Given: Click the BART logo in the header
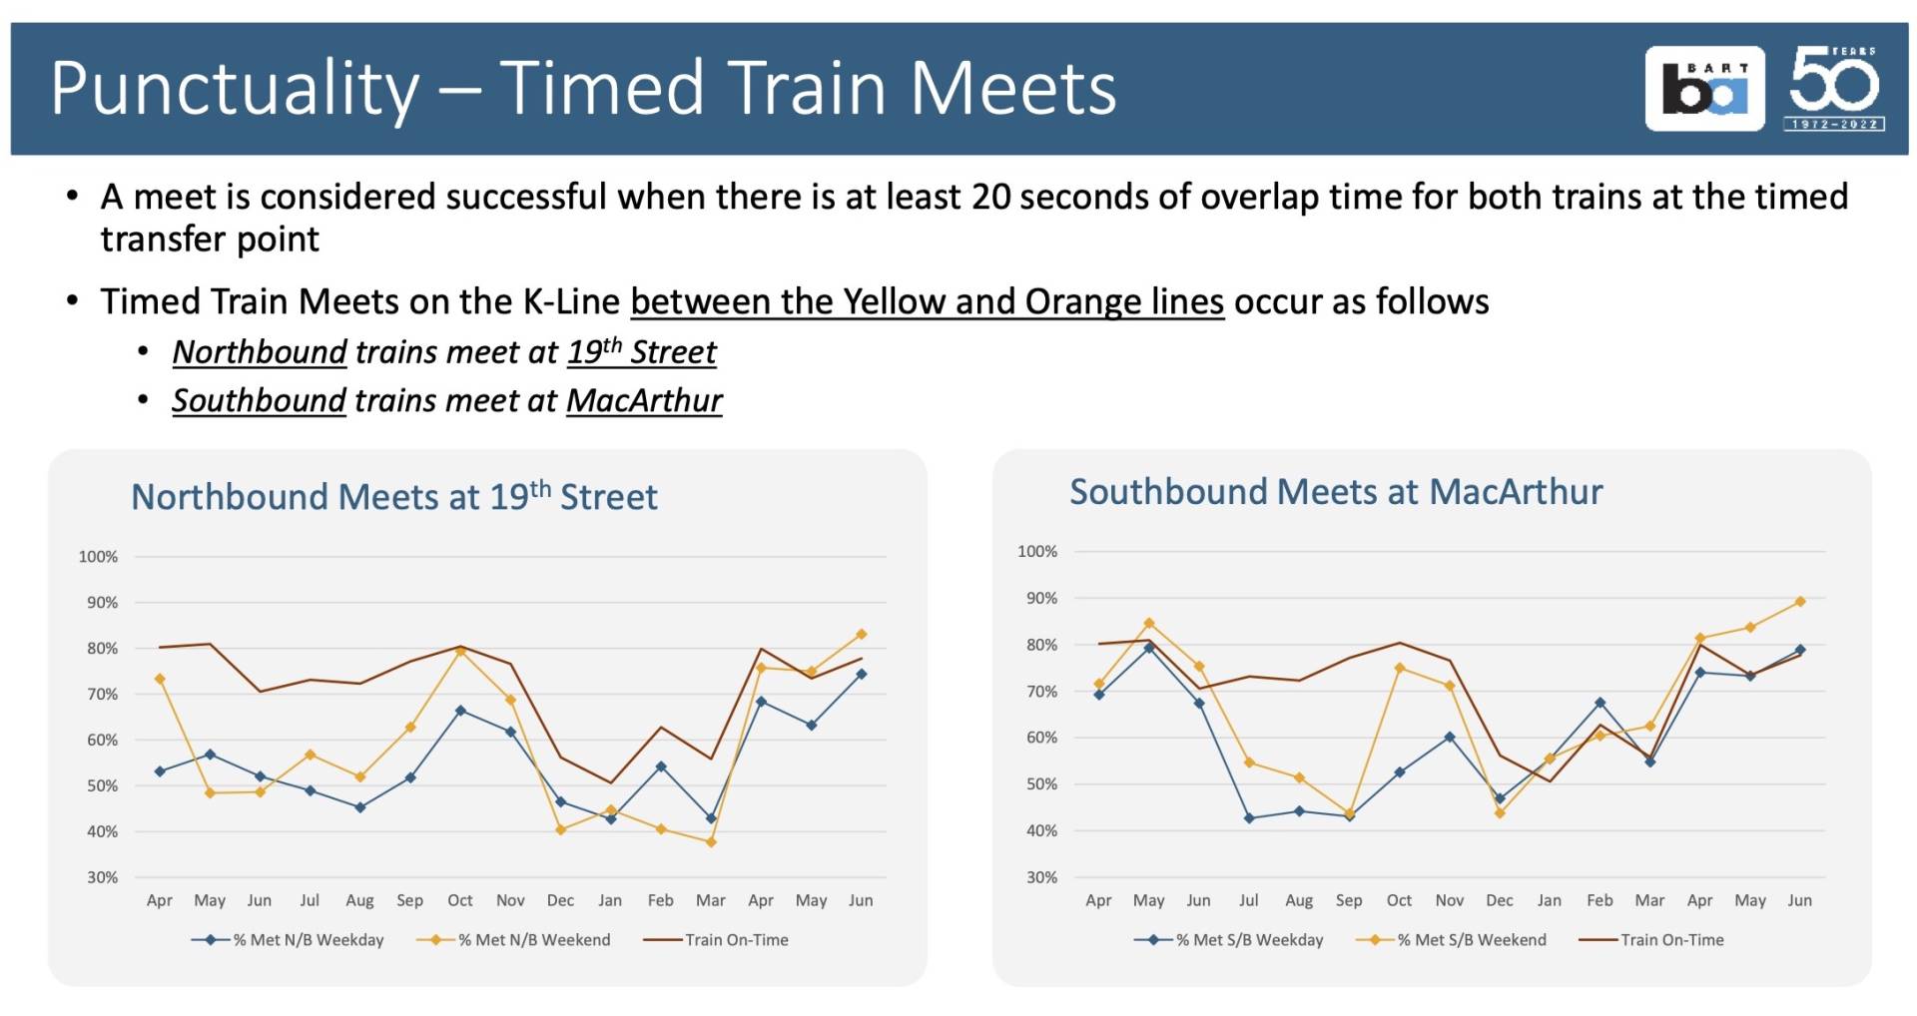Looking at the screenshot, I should point(1704,89).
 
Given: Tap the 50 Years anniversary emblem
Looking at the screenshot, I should point(1834,88).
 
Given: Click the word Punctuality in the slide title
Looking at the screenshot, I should point(235,89).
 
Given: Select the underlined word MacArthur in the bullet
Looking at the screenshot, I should point(644,400).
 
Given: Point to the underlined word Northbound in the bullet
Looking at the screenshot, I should point(259,352).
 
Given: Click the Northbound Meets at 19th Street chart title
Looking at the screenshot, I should point(393,496).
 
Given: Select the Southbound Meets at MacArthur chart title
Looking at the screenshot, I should point(1335,491).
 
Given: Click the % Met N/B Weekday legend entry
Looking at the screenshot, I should point(289,939).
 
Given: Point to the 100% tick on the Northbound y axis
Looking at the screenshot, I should point(98,556).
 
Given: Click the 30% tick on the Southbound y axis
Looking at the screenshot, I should point(1040,877).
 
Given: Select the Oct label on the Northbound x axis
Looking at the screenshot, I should point(460,900).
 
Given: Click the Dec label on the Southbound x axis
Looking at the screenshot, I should point(1499,900).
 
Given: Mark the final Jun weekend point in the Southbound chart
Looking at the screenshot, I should point(1800,601).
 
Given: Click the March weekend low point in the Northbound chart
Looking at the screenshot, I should point(711,842).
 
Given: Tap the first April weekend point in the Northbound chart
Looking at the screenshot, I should point(160,679).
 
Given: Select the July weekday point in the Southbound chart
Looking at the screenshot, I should point(1249,817).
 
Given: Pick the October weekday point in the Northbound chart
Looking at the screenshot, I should point(460,711).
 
